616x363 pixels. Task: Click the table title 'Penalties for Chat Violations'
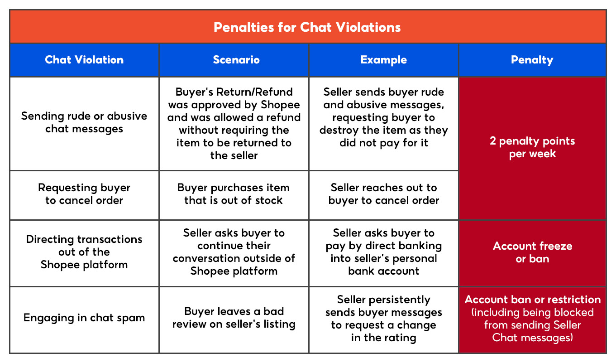pyautogui.click(x=307, y=27)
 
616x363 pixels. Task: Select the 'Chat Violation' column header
pyautogui.click(x=84, y=60)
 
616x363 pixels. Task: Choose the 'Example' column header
pyautogui.click(x=383, y=60)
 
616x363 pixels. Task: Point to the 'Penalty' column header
pyautogui.click(x=532, y=60)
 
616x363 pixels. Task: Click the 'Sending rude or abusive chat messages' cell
pyautogui.click(x=84, y=122)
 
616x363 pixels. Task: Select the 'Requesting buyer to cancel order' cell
pyautogui.click(x=84, y=194)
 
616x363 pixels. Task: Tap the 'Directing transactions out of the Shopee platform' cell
pyautogui.click(x=84, y=252)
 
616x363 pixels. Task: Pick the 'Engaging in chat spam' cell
pyautogui.click(x=84, y=318)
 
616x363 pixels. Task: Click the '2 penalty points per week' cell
pyautogui.click(x=532, y=147)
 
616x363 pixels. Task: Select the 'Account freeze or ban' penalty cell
pyautogui.click(x=532, y=252)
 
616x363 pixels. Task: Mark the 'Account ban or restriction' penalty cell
pyautogui.click(x=532, y=319)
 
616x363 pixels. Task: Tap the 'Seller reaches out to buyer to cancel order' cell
pyautogui.click(x=383, y=194)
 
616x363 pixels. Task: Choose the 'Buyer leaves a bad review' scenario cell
pyautogui.click(x=234, y=318)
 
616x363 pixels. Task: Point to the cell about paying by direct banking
pyautogui.click(x=383, y=252)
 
